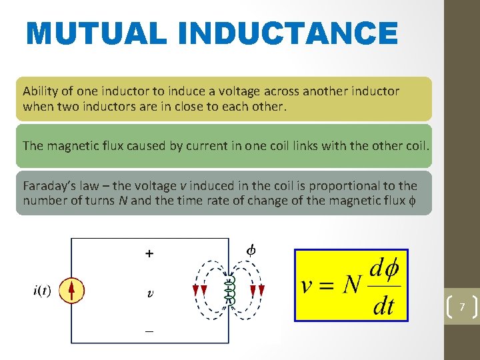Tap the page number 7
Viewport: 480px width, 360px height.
(461, 307)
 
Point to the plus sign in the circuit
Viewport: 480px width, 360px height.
(149, 253)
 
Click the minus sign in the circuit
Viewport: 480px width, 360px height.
(149, 329)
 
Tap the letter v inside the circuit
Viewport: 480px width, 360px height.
(150, 293)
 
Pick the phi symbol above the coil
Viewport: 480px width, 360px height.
(251, 251)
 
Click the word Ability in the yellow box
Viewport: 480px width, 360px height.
(41, 91)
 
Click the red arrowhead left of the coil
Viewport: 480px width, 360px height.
(204, 290)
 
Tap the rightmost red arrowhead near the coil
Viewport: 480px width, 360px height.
(262, 290)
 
